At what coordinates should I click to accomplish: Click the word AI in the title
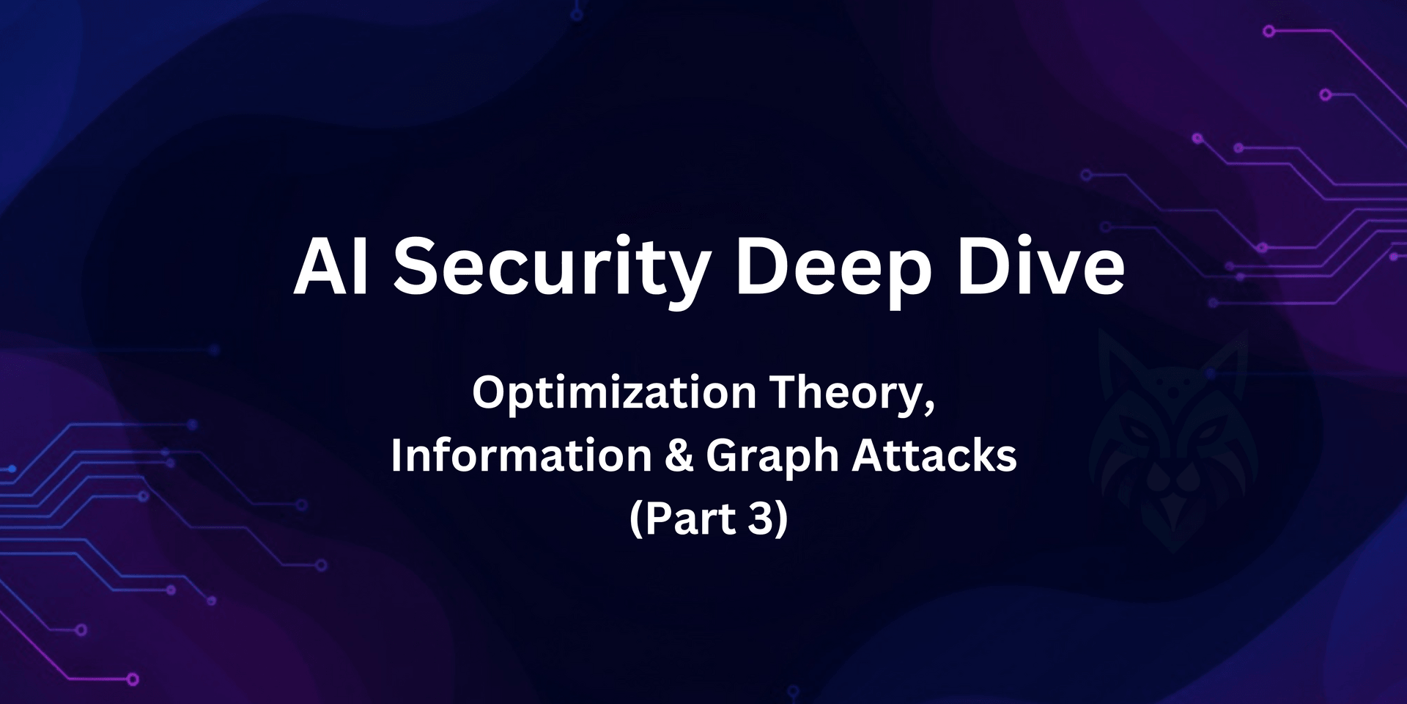[330, 268]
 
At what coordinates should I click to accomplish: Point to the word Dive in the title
[1041, 268]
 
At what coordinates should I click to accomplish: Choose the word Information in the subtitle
[521, 455]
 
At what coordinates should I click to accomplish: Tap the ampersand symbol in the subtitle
[679, 455]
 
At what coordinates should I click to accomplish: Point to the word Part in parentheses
[690, 518]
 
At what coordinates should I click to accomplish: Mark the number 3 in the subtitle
[761, 518]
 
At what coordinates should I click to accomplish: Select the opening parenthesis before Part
[636, 519]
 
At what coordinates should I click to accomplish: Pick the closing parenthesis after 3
[781, 519]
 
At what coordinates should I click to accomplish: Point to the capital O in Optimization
[489, 394]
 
